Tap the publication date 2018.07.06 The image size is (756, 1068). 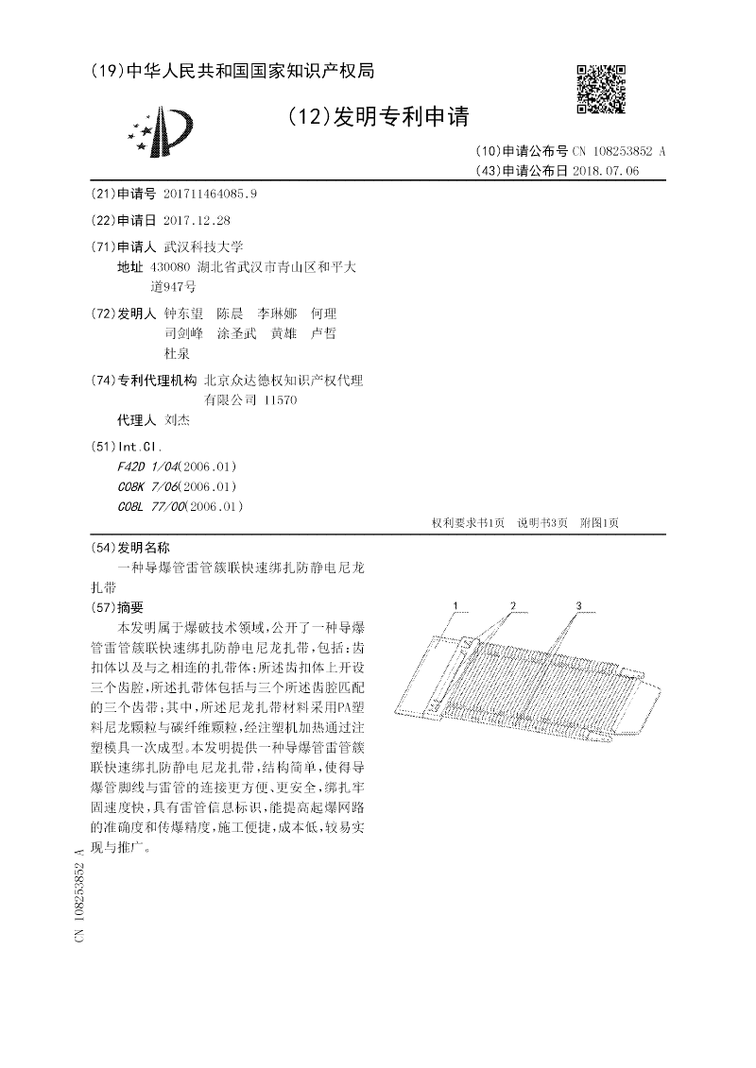click(606, 171)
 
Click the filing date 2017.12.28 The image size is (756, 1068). click(197, 220)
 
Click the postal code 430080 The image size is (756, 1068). click(171, 267)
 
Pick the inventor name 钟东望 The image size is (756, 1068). click(183, 313)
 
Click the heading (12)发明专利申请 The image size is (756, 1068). click(376, 117)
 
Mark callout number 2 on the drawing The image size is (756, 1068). click(512, 604)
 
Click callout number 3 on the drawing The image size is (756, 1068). click(578, 604)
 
